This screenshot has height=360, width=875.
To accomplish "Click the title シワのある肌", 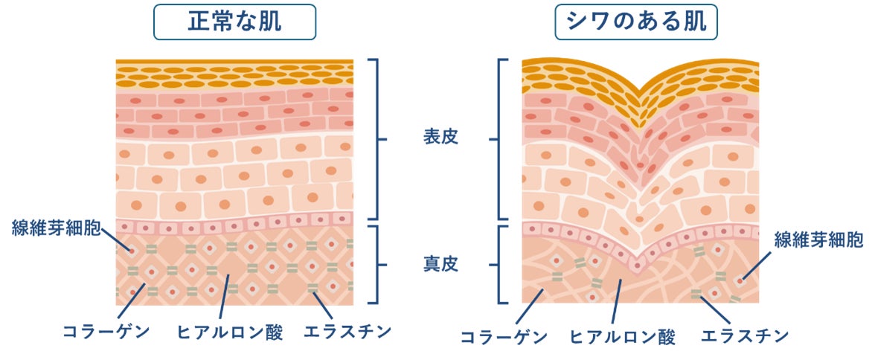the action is click(636, 22).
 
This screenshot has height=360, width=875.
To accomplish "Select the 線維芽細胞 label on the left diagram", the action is click(55, 228).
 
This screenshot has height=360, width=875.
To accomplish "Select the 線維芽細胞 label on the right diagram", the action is click(818, 240).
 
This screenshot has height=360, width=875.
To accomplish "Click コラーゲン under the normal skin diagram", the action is click(94, 332).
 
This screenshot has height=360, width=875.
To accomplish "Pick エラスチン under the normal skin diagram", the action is click(347, 332).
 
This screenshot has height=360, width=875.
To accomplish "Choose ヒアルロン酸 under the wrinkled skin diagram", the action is click(624, 337).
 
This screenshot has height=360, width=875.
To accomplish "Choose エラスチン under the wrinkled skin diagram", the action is click(744, 337).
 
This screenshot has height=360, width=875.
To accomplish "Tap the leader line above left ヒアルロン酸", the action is click(223, 298).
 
